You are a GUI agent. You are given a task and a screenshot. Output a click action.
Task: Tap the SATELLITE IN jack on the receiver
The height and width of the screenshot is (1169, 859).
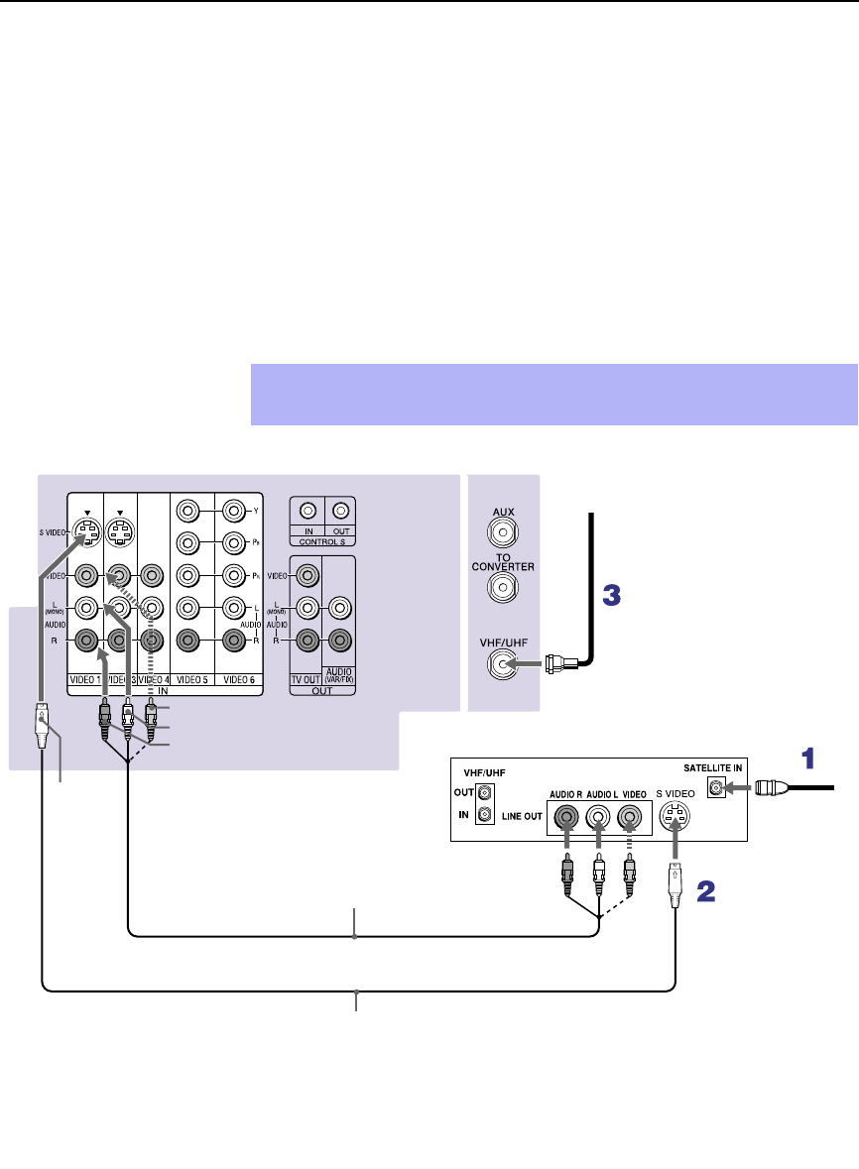[x=714, y=789]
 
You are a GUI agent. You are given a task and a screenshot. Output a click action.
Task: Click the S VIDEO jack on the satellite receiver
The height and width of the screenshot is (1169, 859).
[x=675, y=819]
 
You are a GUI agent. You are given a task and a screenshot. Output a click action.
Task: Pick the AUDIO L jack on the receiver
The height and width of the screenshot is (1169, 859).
[x=598, y=819]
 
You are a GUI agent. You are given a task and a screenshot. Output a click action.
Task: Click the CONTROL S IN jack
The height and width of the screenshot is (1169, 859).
[x=308, y=512]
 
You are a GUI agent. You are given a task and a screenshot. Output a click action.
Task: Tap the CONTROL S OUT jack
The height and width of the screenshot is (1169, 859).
[x=340, y=512]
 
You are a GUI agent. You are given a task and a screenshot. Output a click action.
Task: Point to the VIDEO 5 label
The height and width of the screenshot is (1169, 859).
[x=191, y=679]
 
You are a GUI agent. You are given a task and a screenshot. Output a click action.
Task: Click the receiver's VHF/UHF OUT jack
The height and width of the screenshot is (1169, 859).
[x=484, y=793]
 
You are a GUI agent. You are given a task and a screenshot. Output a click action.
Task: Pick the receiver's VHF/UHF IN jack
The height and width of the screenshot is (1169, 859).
[x=484, y=815]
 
